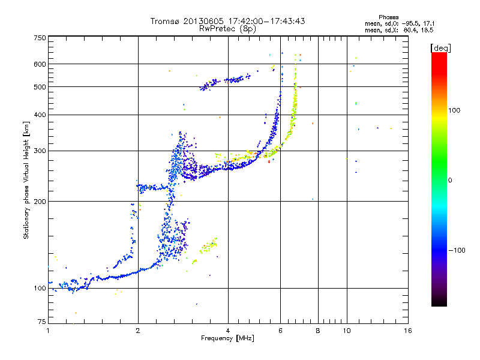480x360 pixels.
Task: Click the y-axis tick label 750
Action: [40, 38]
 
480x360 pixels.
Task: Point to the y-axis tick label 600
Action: [40, 64]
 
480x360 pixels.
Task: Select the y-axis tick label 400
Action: [40, 115]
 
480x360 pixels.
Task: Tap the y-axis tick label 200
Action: [40, 202]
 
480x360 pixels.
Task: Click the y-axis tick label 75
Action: [42, 322]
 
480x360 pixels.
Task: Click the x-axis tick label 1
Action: [48, 331]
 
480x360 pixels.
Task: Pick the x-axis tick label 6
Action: [280, 331]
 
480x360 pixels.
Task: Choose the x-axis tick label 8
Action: [318, 331]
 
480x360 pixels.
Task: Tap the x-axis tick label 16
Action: [408, 331]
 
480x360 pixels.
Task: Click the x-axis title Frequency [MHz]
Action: [227, 338]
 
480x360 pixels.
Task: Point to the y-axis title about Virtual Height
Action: [26, 181]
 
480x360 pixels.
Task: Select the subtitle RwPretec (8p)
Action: [227, 29]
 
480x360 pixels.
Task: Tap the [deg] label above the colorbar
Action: [440, 48]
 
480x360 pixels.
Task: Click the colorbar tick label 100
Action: [454, 110]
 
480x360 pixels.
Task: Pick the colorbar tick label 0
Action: [450, 181]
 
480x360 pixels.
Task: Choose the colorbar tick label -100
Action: [457, 250]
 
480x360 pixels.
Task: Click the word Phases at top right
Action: [388, 17]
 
